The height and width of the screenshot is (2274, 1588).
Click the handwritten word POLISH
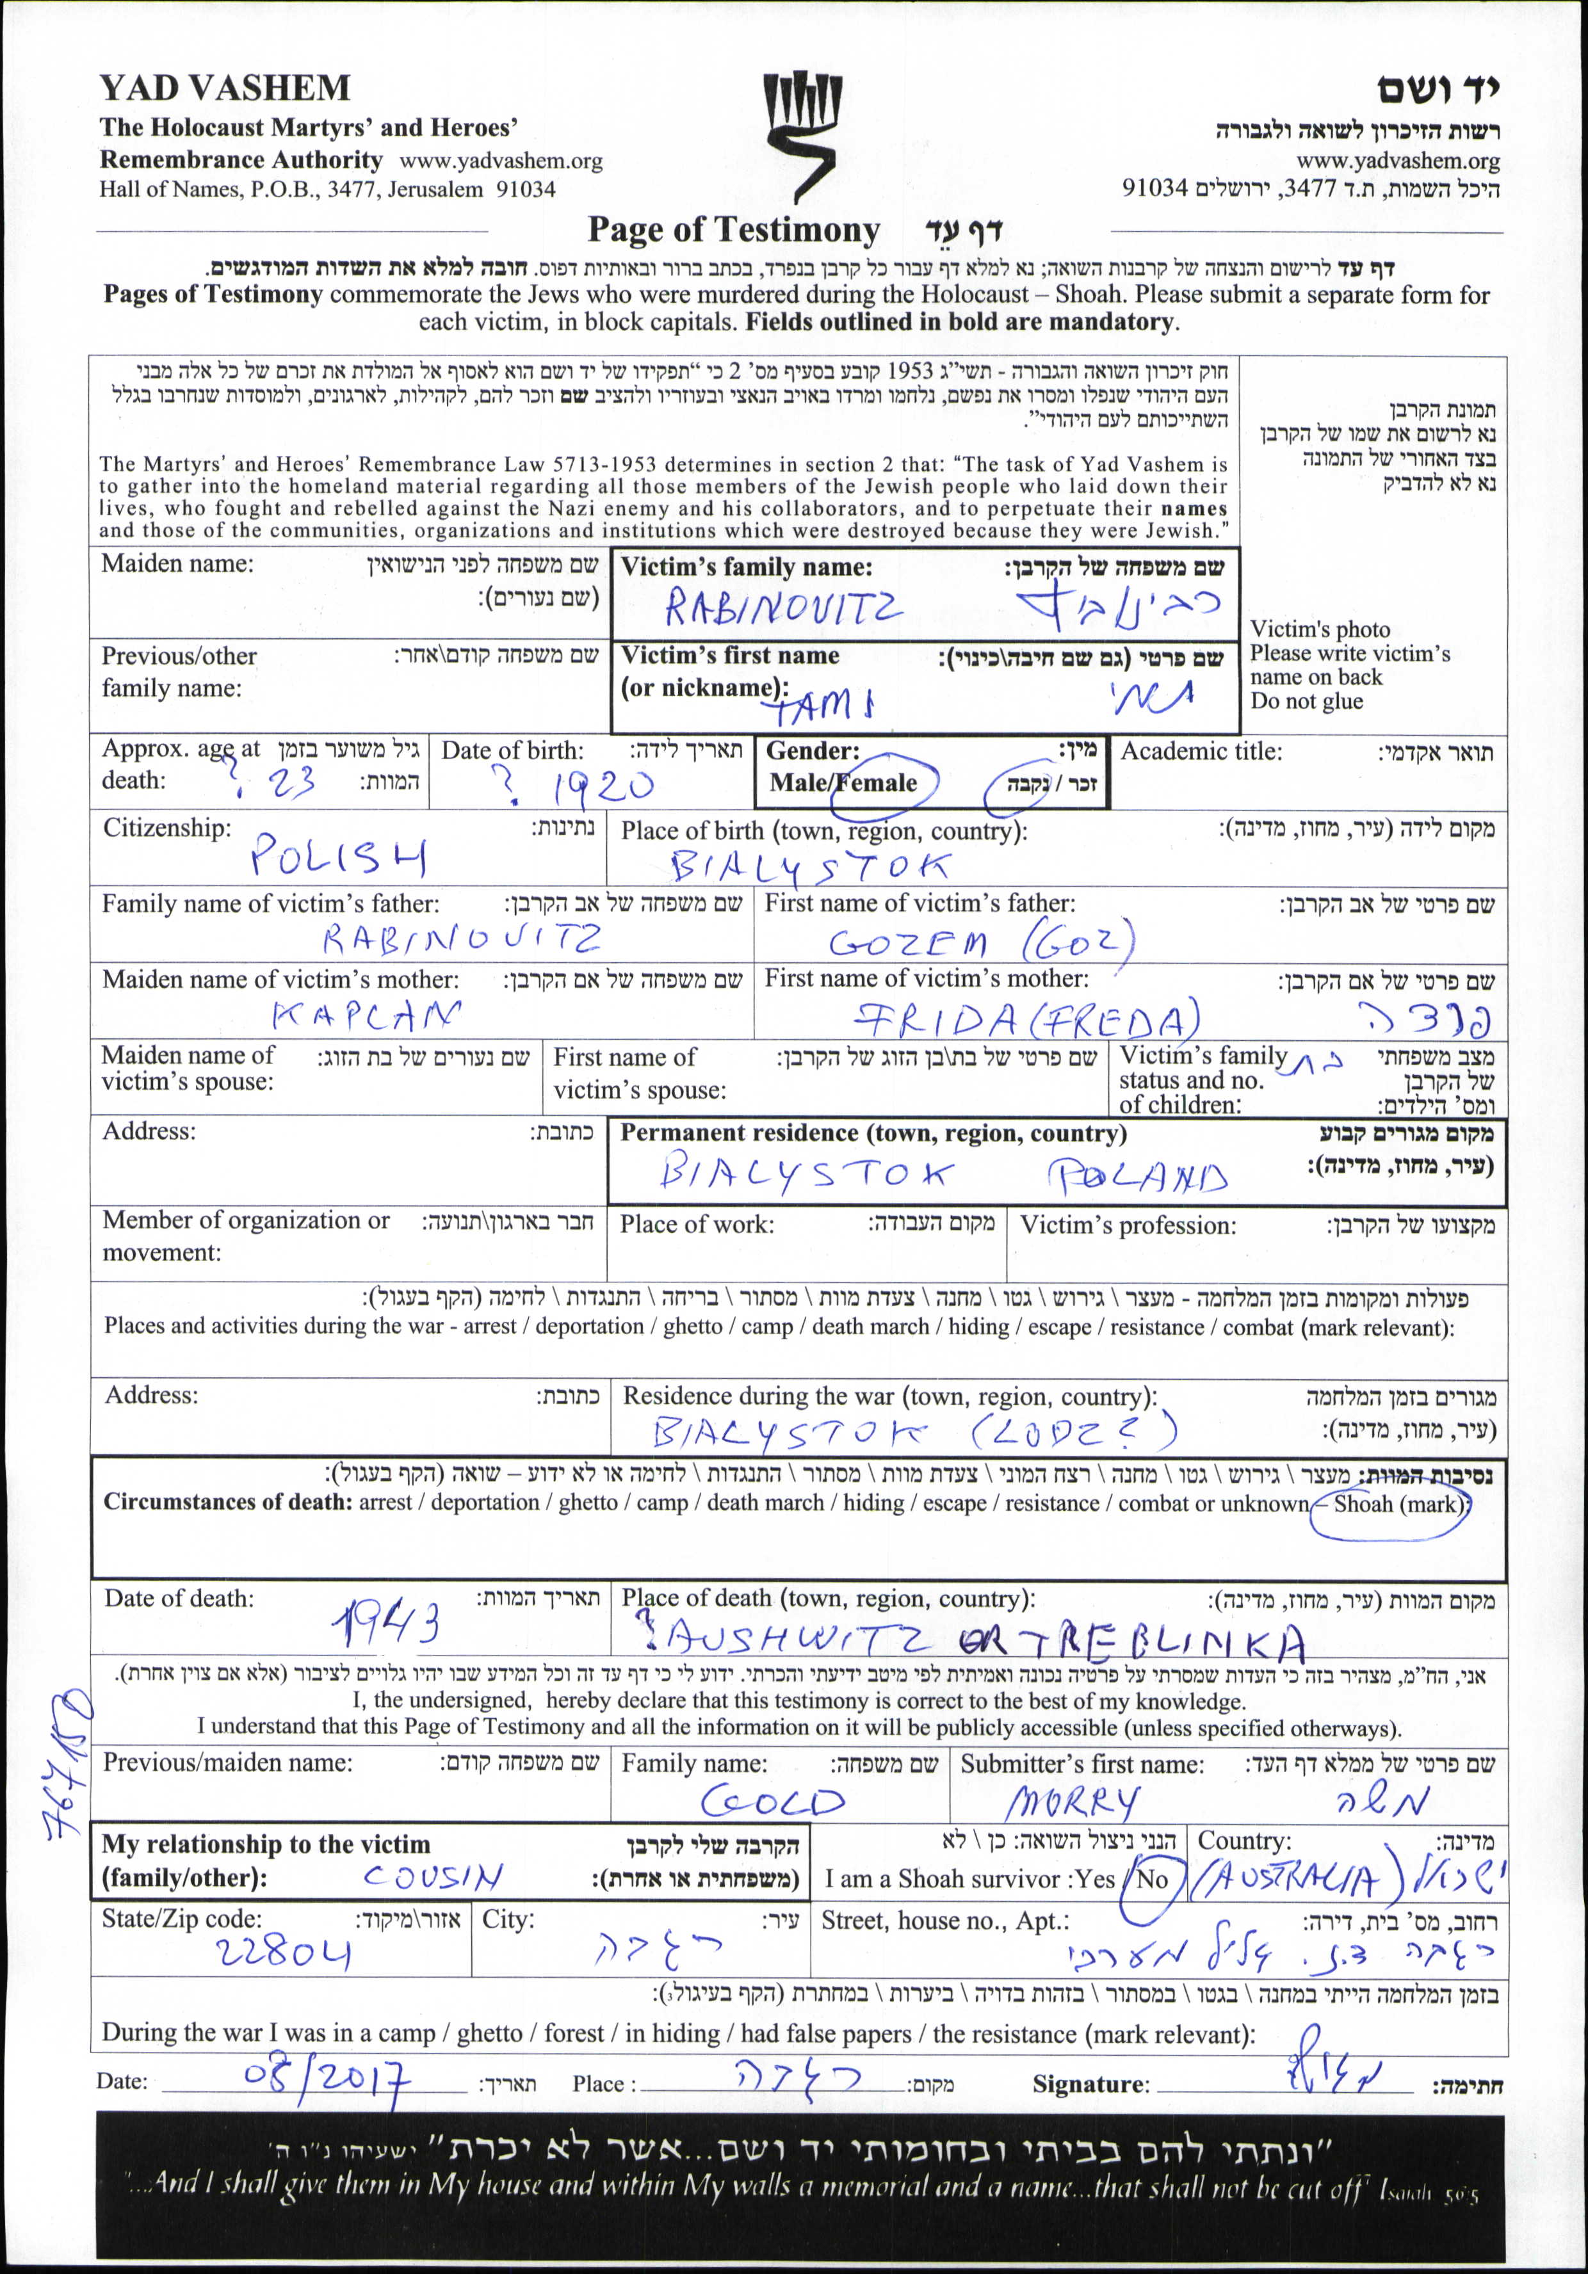[338, 856]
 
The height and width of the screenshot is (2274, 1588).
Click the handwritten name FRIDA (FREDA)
[1026, 1020]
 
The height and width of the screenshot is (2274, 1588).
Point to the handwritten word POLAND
[1137, 1177]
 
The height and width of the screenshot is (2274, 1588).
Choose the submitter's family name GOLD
[773, 1800]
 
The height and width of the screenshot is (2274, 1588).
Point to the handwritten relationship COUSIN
[433, 1876]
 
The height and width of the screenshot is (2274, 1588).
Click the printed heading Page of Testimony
[733, 230]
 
